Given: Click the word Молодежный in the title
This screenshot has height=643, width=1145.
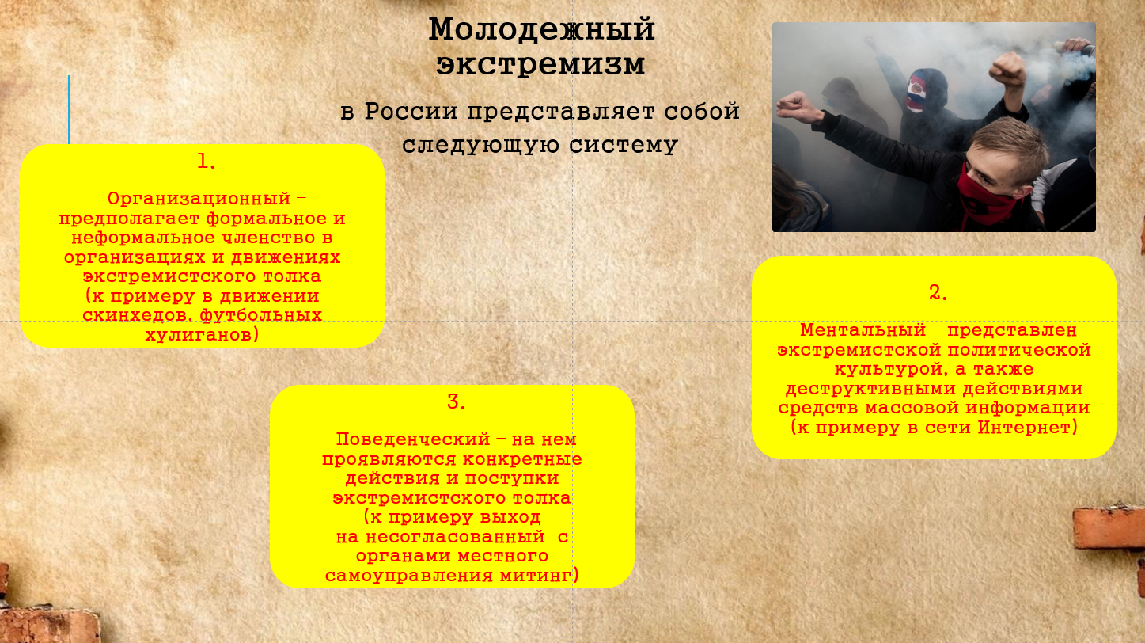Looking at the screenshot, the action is tap(542, 29).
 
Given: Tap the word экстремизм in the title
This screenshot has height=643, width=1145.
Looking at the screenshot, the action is tap(540, 65).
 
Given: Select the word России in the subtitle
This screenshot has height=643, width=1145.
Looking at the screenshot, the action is tap(411, 112).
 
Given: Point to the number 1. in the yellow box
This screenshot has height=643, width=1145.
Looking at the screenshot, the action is tap(207, 162).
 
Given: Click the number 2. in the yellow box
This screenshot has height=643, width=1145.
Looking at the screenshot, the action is tap(938, 293).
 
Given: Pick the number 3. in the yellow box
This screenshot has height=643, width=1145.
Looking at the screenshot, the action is tap(456, 401).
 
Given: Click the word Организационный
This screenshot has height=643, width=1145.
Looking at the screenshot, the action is tap(199, 199).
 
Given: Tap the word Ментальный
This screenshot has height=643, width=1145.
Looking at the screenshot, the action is tap(863, 330).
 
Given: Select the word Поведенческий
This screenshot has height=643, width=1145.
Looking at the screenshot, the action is tap(413, 440).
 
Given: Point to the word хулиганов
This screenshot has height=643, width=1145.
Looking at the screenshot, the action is tap(201, 335).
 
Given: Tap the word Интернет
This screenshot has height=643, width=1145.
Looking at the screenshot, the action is tap(1027, 428).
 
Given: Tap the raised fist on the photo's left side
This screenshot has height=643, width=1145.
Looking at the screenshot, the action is tap(795, 107).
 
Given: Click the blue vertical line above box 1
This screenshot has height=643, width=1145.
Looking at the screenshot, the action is tap(69, 109).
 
